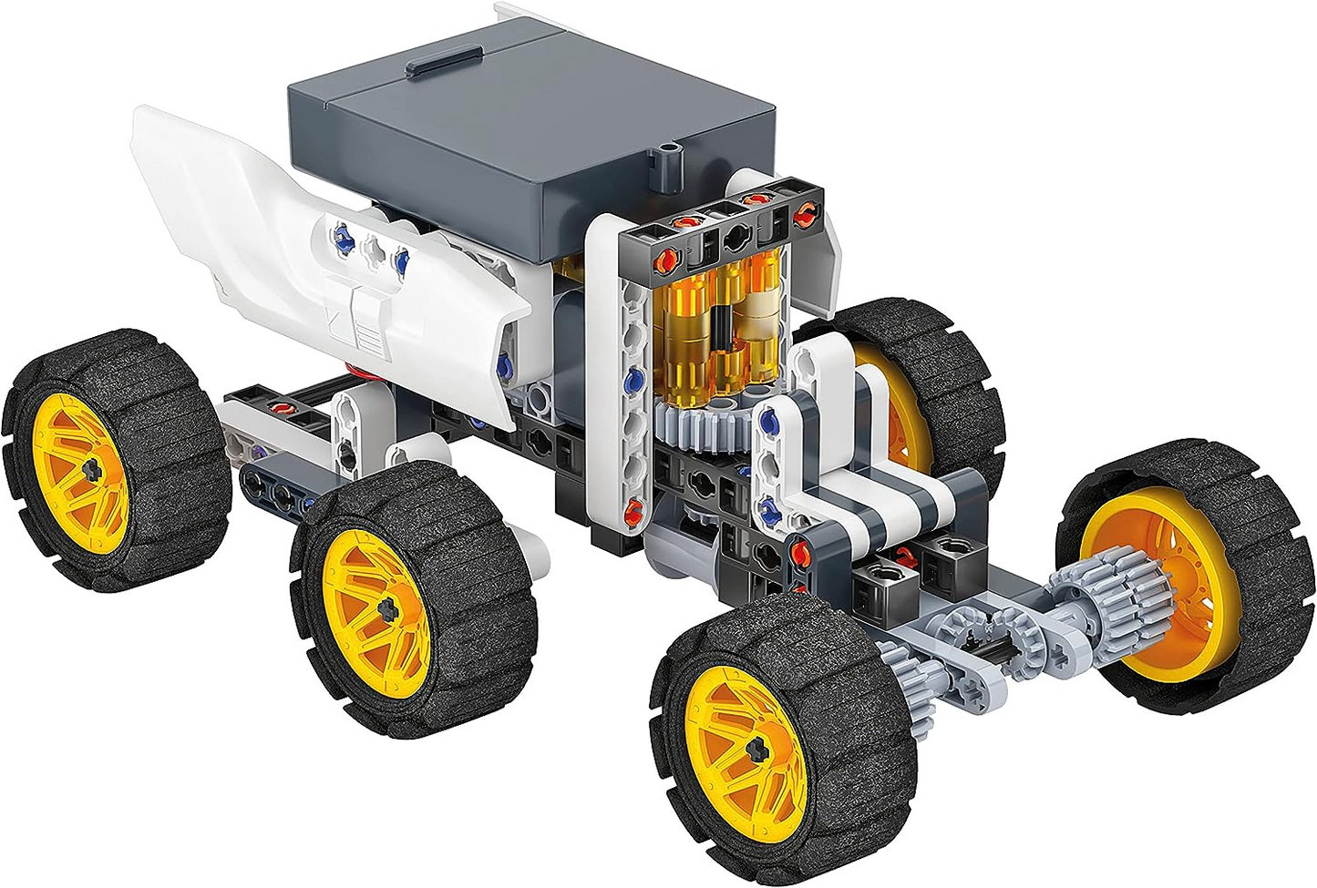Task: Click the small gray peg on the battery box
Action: click(672, 159)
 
